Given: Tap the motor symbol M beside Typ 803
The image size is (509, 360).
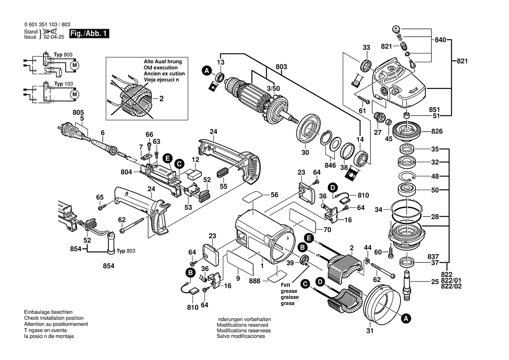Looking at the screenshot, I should (74, 65).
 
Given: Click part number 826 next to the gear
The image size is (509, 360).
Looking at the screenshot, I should (437, 131).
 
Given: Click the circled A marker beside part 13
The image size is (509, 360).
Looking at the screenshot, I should (206, 71).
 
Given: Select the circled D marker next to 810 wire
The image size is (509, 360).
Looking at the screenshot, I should (333, 188).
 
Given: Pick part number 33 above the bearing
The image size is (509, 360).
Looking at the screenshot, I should (366, 47).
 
